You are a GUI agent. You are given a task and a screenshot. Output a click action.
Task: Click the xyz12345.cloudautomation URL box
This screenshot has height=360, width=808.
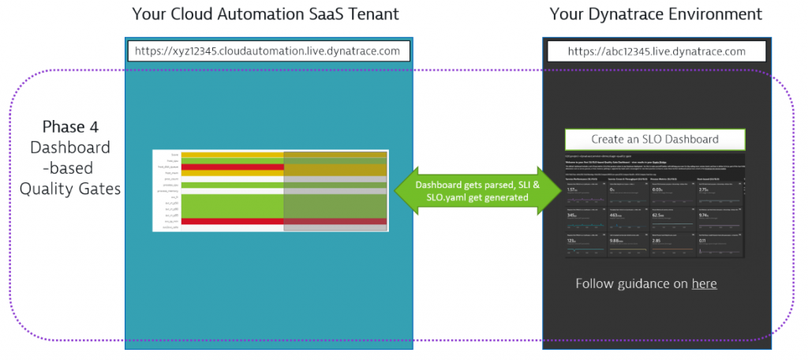pyautogui.click(x=267, y=51)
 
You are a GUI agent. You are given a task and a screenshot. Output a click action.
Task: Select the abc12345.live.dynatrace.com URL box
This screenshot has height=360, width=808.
pyautogui.click(x=657, y=51)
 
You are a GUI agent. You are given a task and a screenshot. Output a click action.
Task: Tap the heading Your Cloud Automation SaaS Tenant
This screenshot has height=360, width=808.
pyautogui.click(x=267, y=13)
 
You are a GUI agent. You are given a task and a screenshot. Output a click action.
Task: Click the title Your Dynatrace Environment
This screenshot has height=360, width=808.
pyautogui.click(x=656, y=13)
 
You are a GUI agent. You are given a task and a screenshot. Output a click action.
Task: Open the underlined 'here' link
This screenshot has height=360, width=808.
pyautogui.click(x=704, y=283)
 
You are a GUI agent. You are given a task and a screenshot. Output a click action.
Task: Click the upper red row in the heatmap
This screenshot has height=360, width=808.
pyautogui.click(x=232, y=167)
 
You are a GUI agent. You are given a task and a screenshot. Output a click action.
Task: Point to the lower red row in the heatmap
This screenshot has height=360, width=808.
pyautogui.click(x=232, y=221)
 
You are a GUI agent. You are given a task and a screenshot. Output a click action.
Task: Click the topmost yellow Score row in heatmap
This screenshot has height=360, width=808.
pyautogui.click(x=232, y=154)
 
